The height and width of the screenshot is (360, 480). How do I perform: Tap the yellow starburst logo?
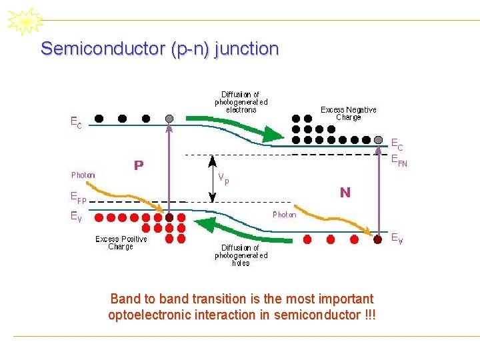click(x=25, y=21)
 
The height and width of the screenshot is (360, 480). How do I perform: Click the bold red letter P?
click(x=139, y=165)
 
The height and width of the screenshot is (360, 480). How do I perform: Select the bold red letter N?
click(x=345, y=193)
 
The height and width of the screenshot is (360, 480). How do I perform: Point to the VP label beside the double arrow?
click(x=225, y=179)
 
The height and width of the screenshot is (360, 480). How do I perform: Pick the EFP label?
click(x=79, y=197)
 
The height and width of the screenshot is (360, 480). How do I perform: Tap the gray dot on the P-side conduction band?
click(x=169, y=119)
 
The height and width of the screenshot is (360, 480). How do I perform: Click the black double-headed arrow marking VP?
click(x=212, y=178)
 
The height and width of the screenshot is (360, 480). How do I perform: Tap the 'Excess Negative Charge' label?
click(x=348, y=113)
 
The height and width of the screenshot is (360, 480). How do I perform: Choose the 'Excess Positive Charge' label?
click(x=121, y=243)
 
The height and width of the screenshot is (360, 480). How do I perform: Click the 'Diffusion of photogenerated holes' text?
click(x=241, y=255)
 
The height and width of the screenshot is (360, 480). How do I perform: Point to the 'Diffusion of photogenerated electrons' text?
click(x=241, y=102)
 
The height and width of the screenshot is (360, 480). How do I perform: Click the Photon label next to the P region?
click(x=83, y=175)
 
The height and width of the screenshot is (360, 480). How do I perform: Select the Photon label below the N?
click(x=285, y=215)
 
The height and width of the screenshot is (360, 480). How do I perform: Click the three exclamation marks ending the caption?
click(x=370, y=315)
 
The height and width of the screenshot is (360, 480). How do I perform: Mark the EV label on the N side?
click(x=396, y=237)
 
